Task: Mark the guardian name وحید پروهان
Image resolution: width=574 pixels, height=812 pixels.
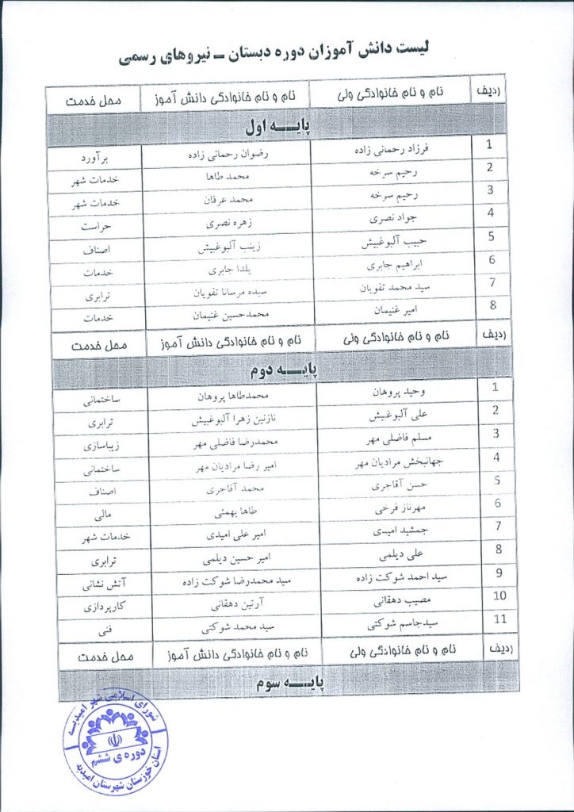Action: (x=392, y=392)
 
